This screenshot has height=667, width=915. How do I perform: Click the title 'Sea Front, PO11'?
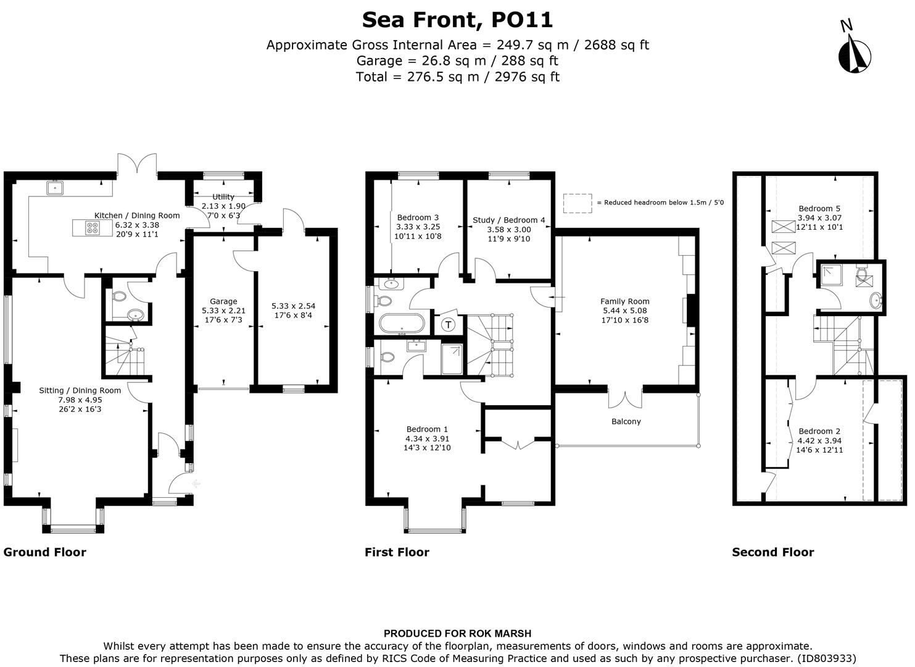(x=457, y=20)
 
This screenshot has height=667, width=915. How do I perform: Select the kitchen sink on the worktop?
(x=55, y=187)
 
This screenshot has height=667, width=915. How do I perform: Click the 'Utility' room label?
(x=223, y=197)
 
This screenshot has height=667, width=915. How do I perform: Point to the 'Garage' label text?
(x=223, y=302)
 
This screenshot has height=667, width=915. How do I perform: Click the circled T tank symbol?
(x=449, y=324)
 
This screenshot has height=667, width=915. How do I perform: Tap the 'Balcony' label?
(x=626, y=421)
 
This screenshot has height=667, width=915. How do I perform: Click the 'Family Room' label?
(x=625, y=301)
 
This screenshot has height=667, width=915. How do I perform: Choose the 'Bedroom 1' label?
(x=427, y=429)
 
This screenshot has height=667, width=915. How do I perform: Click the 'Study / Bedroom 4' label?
(x=508, y=220)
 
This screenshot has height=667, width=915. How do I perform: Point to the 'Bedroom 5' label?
(x=819, y=209)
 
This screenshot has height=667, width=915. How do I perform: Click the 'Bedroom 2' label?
(x=819, y=431)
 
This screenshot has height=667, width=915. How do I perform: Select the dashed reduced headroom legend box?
(x=577, y=203)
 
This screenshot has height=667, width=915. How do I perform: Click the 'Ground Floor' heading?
(x=45, y=552)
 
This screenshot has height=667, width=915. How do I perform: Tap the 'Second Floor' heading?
(x=772, y=552)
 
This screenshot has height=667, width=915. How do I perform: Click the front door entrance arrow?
(x=196, y=484)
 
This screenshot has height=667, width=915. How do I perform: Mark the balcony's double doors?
(x=626, y=399)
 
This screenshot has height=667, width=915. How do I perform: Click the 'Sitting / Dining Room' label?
(x=80, y=390)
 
